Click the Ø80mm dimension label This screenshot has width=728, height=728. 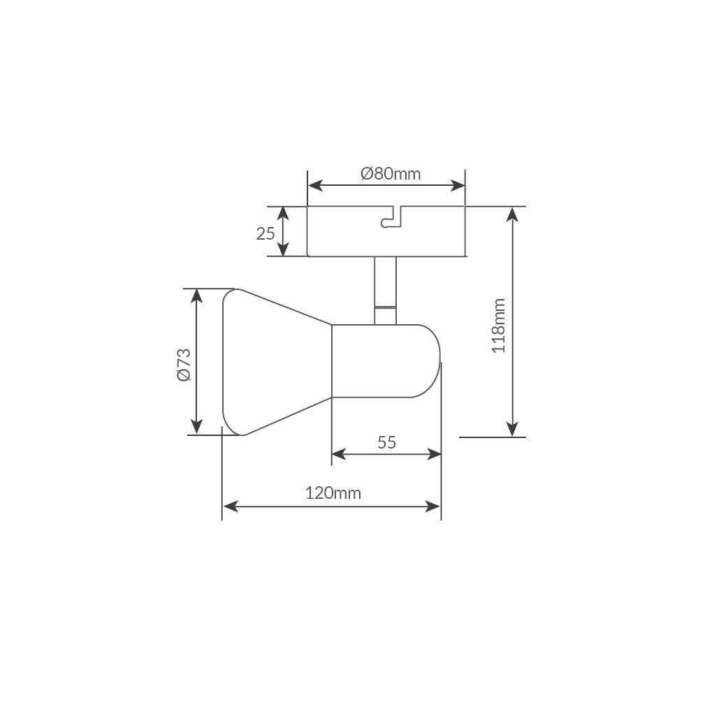[391, 174]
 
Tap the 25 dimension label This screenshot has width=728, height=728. [265, 233]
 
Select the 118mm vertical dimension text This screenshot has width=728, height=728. [498, 326]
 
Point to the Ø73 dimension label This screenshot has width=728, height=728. [184, 365]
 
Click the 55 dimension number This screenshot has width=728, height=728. [387, 442]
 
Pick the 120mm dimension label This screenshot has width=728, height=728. [333, 493]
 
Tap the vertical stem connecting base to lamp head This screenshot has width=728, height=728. [386, 291]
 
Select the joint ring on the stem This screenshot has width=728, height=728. [386, 307]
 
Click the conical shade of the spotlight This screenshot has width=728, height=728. [277, 362]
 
